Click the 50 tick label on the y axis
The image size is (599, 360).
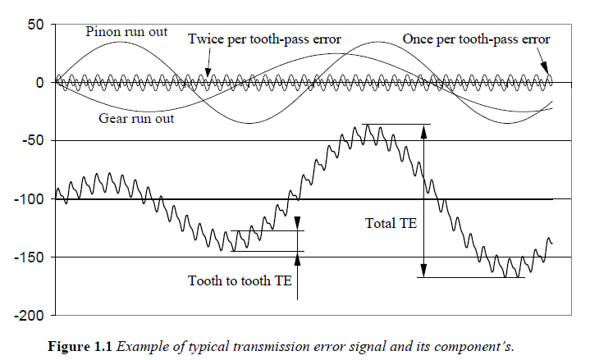tap(33, 24)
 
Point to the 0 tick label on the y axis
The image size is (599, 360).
tap(39, 83)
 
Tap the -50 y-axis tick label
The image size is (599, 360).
tap(31, 141)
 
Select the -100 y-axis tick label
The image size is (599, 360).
tap(28, 199)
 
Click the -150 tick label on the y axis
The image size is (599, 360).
tap(28, 257)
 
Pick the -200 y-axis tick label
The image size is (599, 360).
tap(28, 316)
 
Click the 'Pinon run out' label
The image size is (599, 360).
tap(127, 32)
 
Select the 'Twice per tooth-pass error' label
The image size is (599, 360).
tap(264, 39)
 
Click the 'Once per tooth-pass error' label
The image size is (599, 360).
tap(476, 39)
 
